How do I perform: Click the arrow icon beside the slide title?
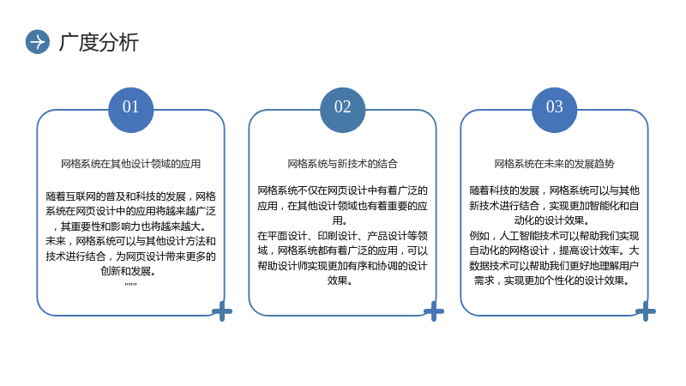(x=38, y=42)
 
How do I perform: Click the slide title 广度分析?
(x=99, y=42)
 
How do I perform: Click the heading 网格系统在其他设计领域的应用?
(x=131, y=164)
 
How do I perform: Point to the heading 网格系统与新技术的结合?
(x=342, y=164)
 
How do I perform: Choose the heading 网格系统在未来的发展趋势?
(x=554, y=164)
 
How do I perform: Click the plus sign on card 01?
(x=222, y=311)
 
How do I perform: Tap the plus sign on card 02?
(x=434, y=311)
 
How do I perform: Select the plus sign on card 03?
(x=646, y=311)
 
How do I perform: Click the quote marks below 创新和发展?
(x=131, y=284)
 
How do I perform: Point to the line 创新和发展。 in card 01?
(x=129, y=271)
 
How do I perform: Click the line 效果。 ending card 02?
(x=340, y=280)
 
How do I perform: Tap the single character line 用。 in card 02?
(x=340, y=220)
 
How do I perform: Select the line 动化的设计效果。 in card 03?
(x=551, y=220)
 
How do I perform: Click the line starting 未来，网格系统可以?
(x=131, y=241)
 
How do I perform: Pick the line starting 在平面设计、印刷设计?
(x=342, y=236)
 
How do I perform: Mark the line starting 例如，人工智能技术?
(x=554, y=236)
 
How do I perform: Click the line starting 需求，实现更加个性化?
(x=551, y=280)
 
